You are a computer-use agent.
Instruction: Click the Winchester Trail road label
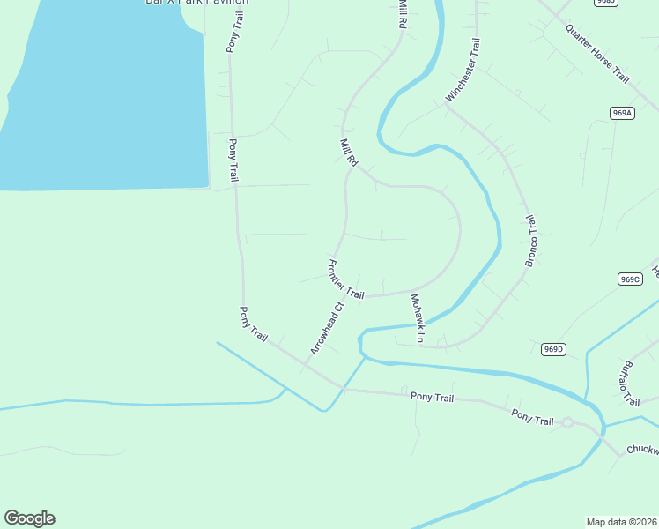point(463,70)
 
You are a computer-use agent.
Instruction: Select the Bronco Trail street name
point(531,240)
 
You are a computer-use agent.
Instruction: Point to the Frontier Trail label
point(345,279)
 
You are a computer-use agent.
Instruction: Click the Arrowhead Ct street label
point(325,330)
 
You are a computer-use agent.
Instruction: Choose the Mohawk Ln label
point(417,318)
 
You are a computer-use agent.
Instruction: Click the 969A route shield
point(622,113)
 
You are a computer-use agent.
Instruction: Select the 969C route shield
point(629,279)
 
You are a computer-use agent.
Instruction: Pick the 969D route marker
point(552,349)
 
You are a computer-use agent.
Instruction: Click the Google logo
point(29,518)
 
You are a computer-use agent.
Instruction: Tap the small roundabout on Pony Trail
point(567,423)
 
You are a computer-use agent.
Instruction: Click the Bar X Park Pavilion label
point(196,3)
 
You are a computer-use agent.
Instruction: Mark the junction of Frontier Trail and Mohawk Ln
point(410,293)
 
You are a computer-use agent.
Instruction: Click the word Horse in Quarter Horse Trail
point(599,55)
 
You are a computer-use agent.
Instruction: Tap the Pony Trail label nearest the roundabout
point(533,417)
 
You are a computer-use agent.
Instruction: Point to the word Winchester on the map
point(459,81)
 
